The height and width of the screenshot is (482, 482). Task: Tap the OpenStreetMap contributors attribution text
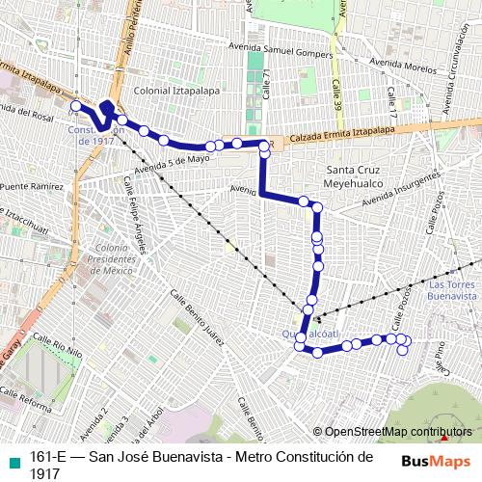pyautogui.click(x=398, y=432)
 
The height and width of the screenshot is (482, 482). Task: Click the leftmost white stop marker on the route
pyautogui.click(x=76, y=105)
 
